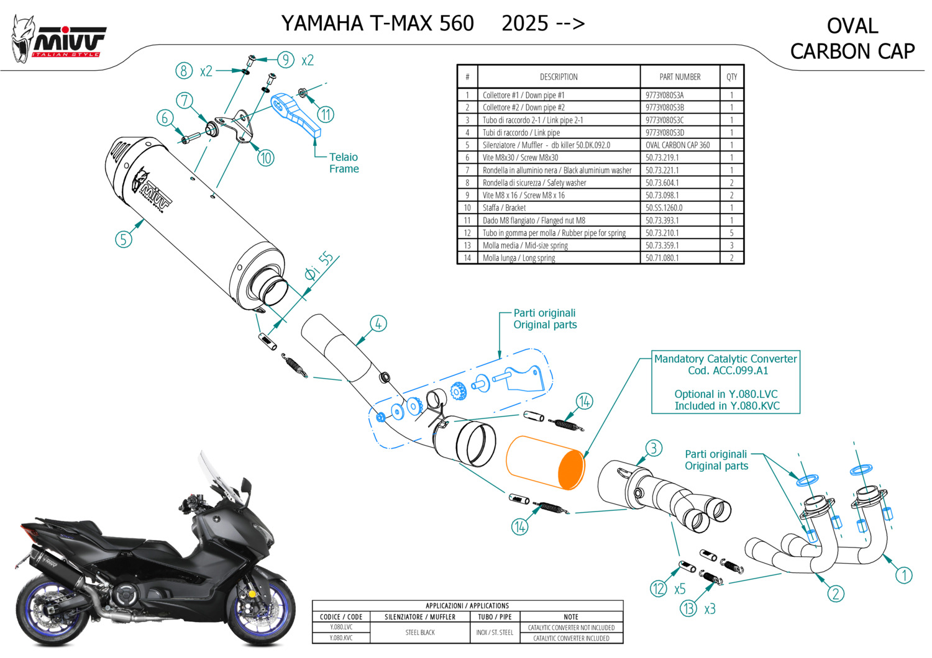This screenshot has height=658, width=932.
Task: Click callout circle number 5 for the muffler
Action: [124, 238]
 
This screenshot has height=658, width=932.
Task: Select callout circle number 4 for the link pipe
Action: [378, 323]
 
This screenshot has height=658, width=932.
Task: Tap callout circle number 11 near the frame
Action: [326, 114]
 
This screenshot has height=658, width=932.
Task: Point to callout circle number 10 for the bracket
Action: [266, 158]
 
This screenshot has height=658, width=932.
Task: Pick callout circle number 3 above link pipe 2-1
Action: [653, 448]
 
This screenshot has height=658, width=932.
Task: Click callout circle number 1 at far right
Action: [903, 575]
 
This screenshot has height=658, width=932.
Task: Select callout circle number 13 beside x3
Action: [688, 608]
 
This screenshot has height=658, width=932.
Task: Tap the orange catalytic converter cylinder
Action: [546, 462]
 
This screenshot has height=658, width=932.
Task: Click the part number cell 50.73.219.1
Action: [662, 158]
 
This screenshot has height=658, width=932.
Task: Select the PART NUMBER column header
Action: [680, 77]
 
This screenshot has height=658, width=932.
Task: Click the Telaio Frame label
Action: [344, 163]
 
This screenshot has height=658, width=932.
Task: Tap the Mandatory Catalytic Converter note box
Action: [726, 382]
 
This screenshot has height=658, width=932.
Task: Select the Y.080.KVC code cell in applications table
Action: [341, 638]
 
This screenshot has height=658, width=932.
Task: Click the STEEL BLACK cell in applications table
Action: [420, 633]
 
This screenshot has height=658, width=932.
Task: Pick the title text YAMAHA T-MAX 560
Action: [377, 24]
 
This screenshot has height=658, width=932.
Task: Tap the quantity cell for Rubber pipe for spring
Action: [731, 233]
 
